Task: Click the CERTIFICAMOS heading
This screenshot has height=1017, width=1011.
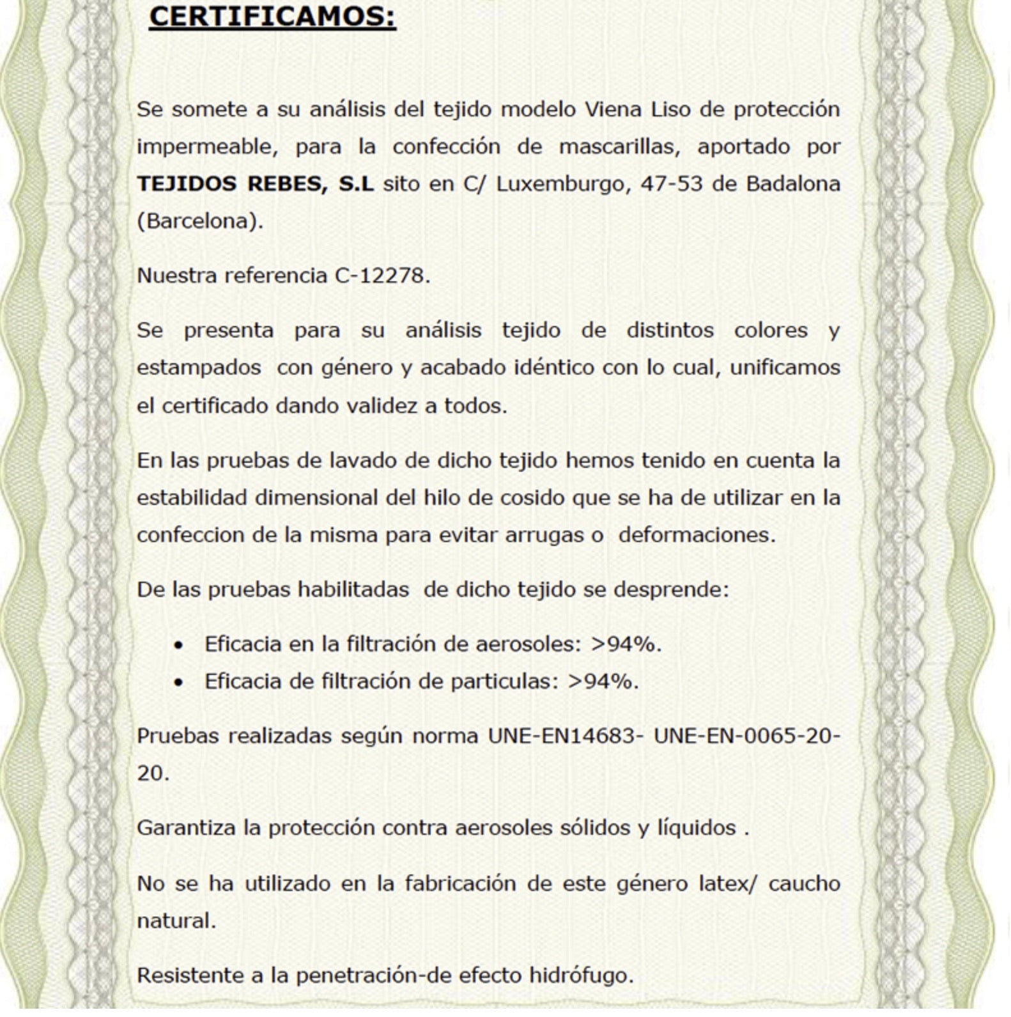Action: (x=272, y=16)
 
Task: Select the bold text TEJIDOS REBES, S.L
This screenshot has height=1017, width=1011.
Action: (x=255, y=184)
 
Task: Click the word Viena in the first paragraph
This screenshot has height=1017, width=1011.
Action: (x=613, y=109)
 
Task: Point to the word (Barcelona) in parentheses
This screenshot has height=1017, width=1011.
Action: (x=199, y=221)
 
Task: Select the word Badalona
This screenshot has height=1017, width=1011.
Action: (x=792, y=184)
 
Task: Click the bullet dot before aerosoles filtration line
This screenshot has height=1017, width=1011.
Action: (x=179, y=646)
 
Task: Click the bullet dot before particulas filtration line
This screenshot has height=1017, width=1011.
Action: (x=179, y=683)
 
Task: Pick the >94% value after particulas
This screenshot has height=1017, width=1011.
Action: (x=603, y=681)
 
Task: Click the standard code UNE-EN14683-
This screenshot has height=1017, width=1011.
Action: (x=566, y=736)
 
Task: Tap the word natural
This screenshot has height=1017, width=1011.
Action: (x=176, y=921)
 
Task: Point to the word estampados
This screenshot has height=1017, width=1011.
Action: (x=199, y=368)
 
